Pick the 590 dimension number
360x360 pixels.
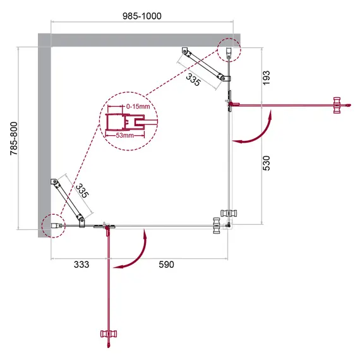pos(165,264)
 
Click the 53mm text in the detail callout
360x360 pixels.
pos(124,135)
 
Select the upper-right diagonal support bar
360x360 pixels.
pos(205,65)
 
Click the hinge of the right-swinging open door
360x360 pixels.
pos(230,105)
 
